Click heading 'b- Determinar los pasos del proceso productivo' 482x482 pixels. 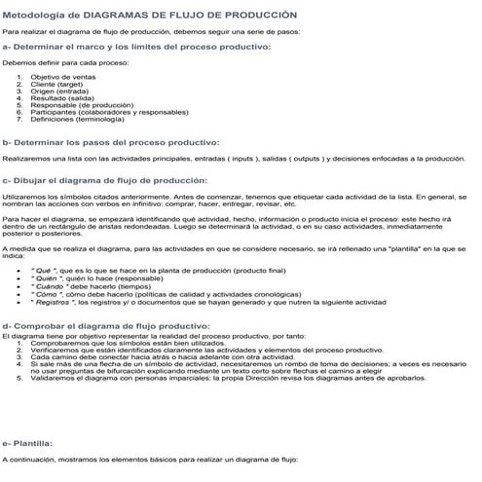tap(111, 142)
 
